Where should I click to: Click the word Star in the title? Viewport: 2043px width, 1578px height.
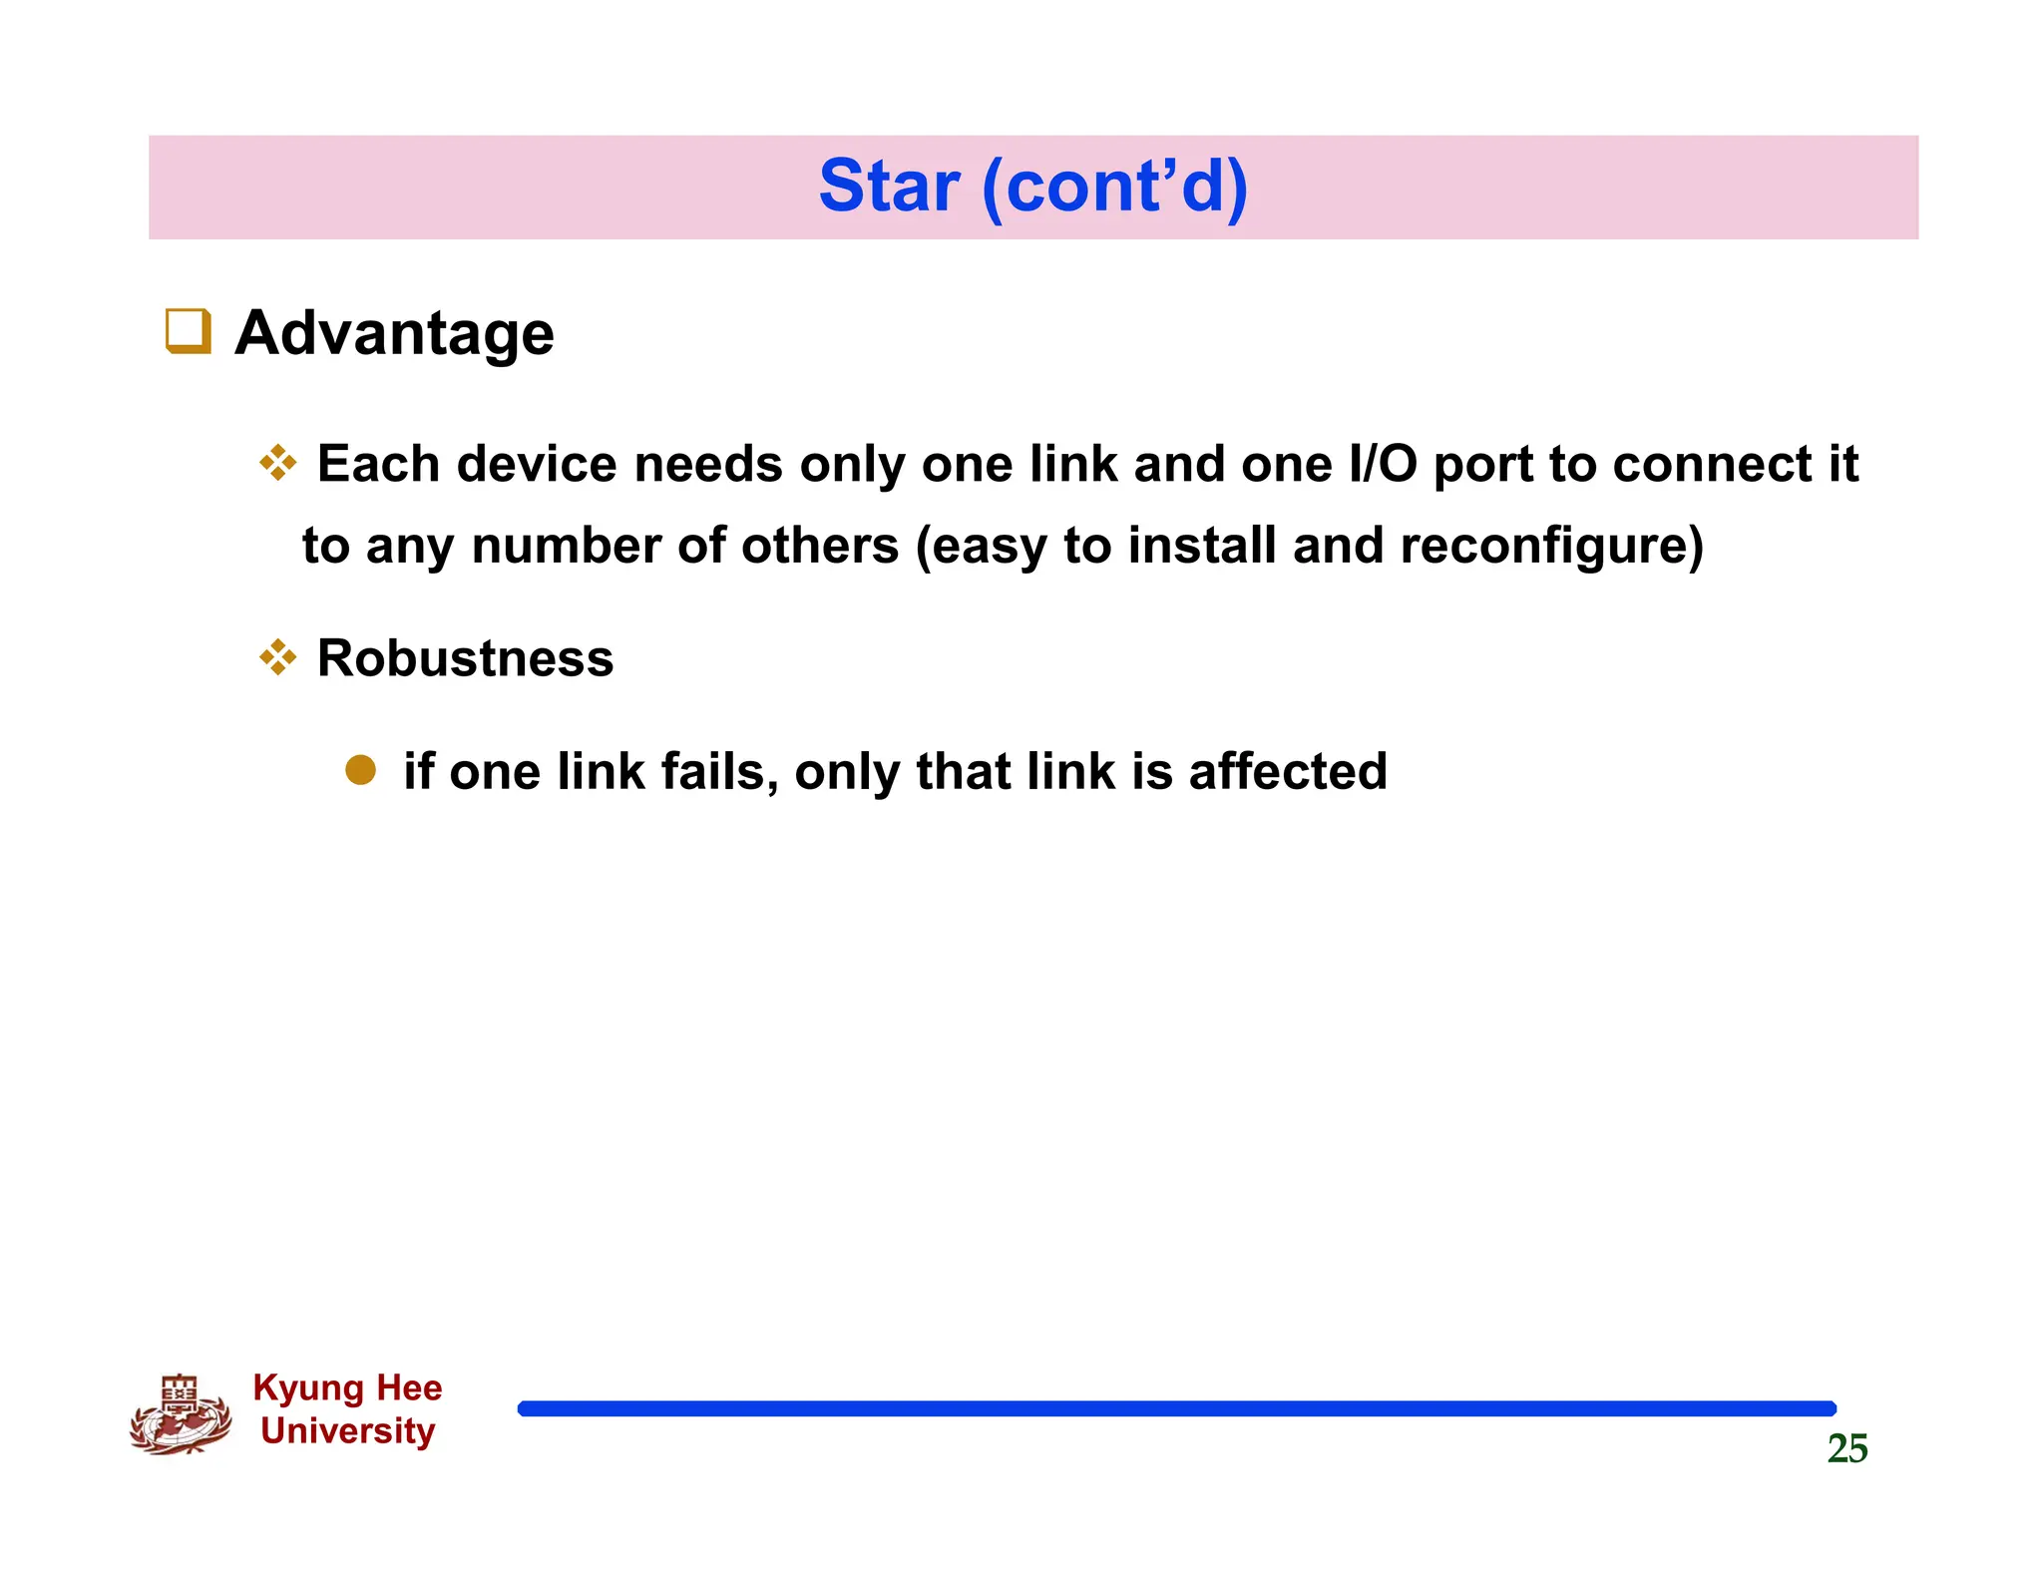(889, 187)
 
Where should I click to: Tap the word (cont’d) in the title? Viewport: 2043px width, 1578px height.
(1114, 187)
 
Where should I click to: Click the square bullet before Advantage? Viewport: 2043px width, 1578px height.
(188, 331)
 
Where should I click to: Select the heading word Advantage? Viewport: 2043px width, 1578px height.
(394, 332)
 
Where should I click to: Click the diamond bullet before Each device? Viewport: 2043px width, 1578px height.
(277, 463)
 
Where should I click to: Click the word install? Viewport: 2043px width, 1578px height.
(1202, 546)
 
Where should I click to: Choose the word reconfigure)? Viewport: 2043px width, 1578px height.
(1551, 547)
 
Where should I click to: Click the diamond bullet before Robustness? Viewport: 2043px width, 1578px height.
(277, 657)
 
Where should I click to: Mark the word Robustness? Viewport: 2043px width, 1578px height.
(465, 658)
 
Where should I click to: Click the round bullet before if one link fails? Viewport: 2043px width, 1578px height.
(360, 770)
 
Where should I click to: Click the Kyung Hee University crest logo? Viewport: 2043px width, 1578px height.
(181, 1414)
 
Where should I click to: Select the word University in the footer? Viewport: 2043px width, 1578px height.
(347, 1431)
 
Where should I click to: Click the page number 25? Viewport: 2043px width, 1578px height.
(1846, 1448)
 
